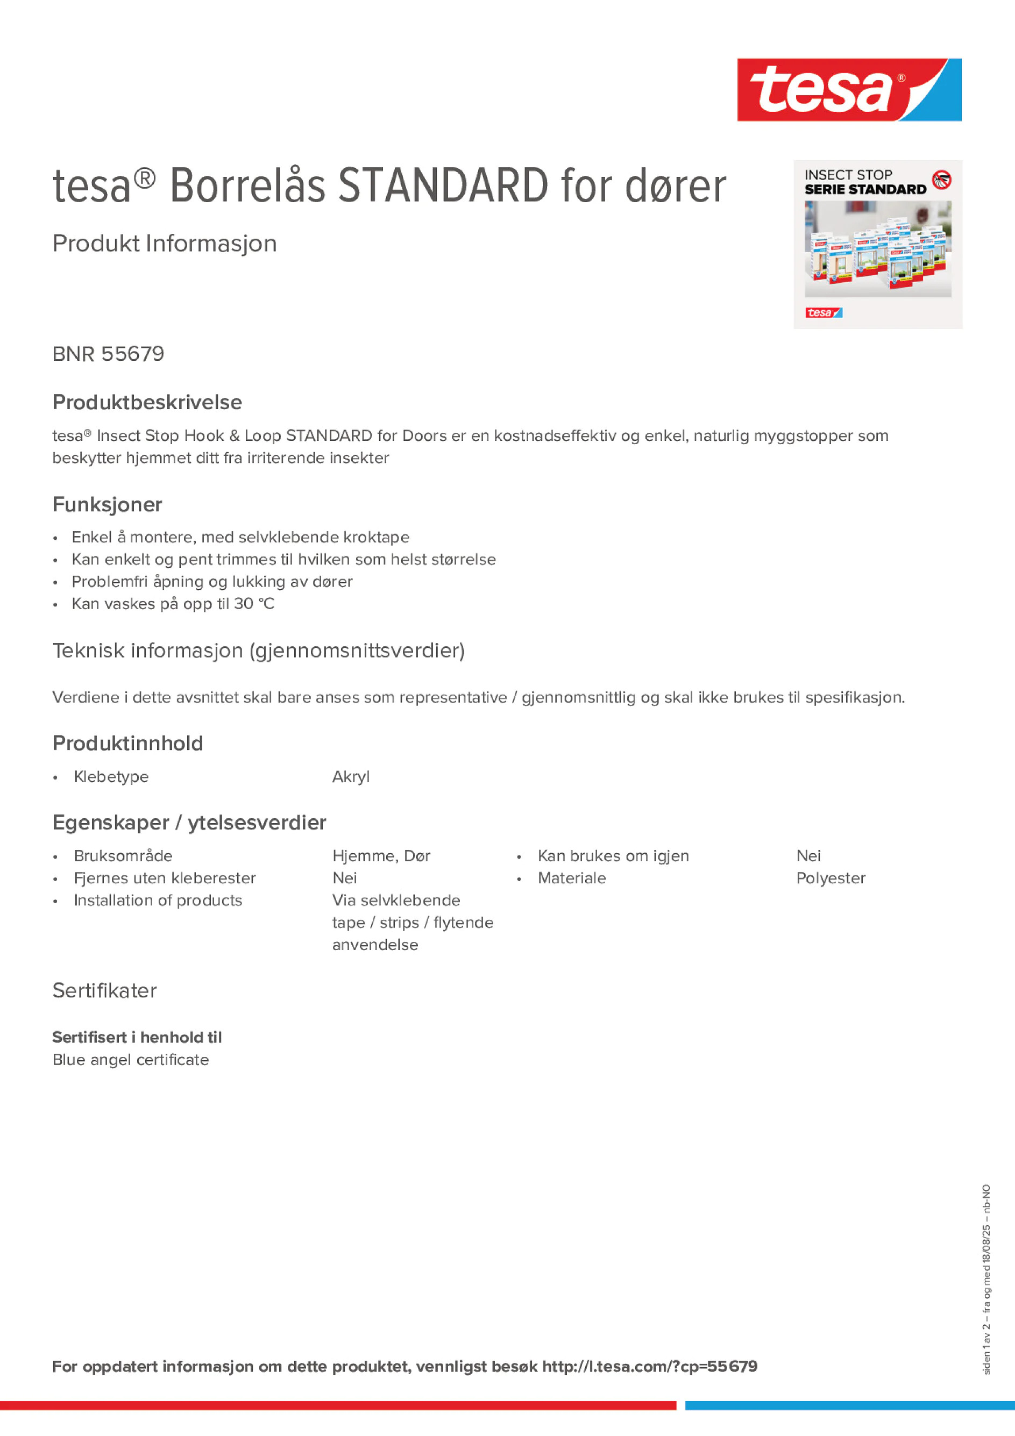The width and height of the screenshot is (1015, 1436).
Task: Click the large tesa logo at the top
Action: coord(849,89)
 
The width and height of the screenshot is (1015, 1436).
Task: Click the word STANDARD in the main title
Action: coord(443,186)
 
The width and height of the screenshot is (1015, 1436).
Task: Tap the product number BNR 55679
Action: coord(108,354)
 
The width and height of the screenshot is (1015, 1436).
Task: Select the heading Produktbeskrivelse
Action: coord(147,402)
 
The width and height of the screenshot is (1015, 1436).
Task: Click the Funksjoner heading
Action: coord(107,504)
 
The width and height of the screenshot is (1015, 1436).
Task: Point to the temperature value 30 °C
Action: coord(254,604)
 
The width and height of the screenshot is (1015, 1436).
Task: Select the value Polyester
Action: coord(831,878)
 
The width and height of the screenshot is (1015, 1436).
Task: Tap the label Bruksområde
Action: coord(123,855)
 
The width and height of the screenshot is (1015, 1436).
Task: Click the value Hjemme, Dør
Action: coord(380,855)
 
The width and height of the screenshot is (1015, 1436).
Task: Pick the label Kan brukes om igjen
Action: coord(613,855)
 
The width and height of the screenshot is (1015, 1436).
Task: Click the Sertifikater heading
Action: coord(104,991)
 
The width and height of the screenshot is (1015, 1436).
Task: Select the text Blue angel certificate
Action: coord(130,1060)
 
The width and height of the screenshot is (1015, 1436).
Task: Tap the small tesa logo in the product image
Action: coord(824,313)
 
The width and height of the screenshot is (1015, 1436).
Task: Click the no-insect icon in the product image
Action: coord(941,180)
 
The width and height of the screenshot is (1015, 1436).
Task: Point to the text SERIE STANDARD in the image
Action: coord(865,189)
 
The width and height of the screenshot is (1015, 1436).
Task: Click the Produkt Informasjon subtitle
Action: coord(164,244)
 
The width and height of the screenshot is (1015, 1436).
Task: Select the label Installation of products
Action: coord(158,900)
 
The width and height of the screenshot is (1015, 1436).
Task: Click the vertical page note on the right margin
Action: coord(986,1278)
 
